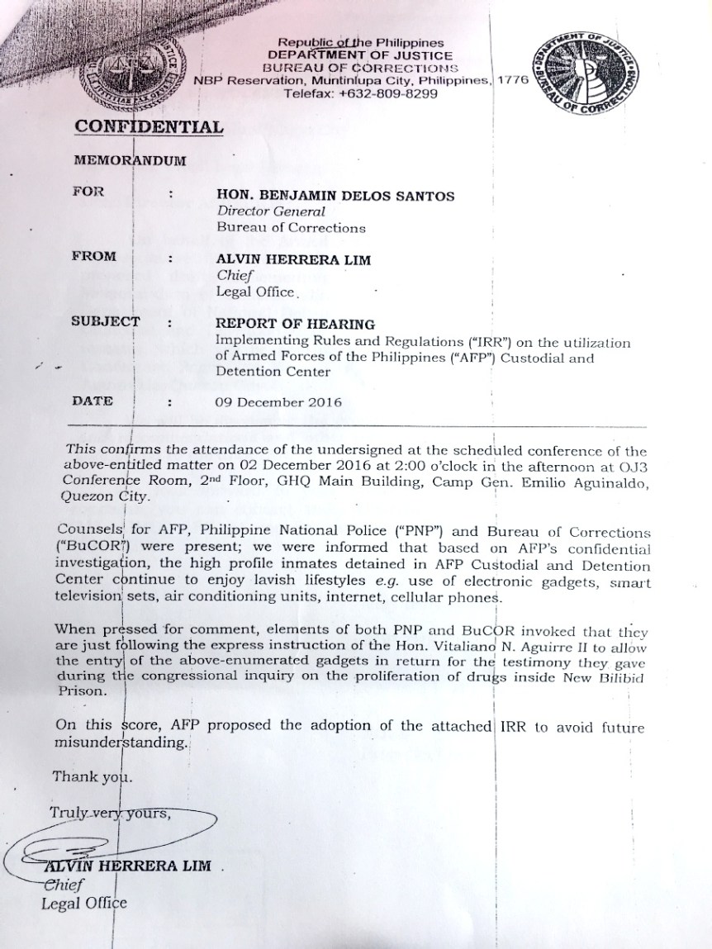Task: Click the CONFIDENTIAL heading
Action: tap(149, 126)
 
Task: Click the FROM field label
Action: tap(93, 257)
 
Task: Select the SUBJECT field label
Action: tap(105, 321)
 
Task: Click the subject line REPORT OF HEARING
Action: tap(294, 325)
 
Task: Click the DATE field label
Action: tap(92, 401)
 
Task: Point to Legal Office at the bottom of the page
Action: tap(83, 903)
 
